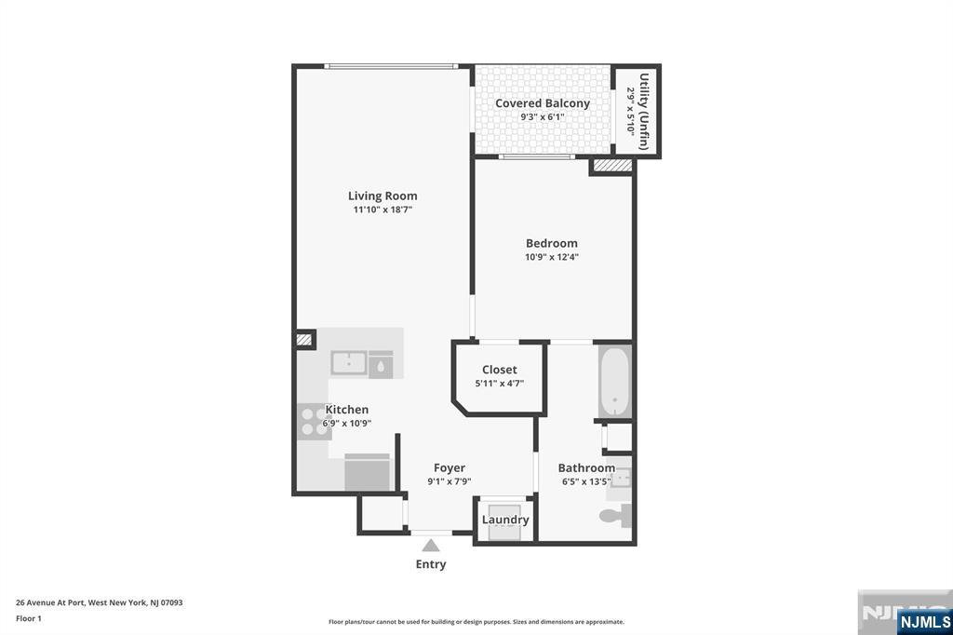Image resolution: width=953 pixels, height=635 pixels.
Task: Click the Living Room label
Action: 383,196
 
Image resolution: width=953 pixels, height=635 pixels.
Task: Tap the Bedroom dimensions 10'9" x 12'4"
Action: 552,258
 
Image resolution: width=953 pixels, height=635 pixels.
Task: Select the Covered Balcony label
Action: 543,103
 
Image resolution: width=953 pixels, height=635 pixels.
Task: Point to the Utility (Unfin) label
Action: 644,112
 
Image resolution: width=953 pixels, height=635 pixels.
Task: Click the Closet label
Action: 500,370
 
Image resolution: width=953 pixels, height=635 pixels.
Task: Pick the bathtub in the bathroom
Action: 614,382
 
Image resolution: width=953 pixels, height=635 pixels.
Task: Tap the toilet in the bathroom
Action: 616,515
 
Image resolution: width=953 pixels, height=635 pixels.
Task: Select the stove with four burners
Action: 311,423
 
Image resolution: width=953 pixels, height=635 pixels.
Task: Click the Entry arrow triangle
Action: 430,546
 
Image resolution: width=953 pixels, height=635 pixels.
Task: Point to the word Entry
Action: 431,564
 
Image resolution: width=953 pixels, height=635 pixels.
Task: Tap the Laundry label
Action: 505,520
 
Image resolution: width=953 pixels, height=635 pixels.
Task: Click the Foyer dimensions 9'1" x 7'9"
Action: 450,482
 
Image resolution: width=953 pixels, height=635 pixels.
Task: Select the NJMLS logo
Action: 924,621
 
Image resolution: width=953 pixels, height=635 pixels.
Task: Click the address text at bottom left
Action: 100,602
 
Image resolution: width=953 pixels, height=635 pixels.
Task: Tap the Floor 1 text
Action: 29,618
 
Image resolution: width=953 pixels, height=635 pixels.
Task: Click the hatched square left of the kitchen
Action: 304,340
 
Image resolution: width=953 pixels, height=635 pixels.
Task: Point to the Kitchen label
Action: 347,410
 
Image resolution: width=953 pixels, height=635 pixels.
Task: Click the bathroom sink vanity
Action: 620,478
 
